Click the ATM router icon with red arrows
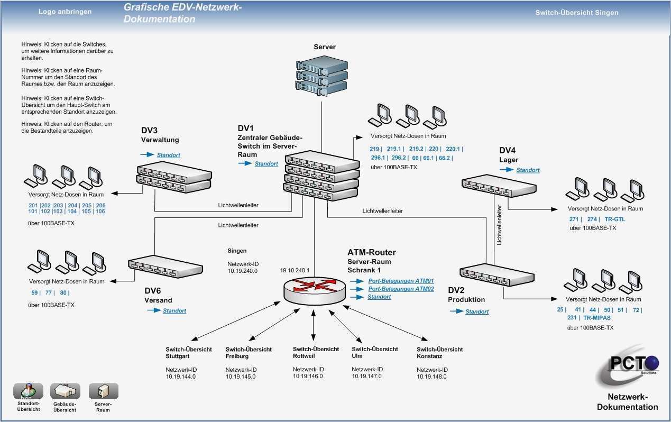coord(314,288)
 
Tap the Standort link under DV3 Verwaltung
coord(168,155)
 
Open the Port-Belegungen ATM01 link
coord(401,281)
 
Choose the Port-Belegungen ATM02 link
coord(401,289)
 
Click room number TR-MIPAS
coord(596,318)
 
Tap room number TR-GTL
coord(614,219)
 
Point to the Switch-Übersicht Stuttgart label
coord(189,352)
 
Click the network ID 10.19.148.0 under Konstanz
coord(431,377)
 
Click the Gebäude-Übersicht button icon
coord(65,392)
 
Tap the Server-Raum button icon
coord(103,392)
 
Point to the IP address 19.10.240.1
coord(295,270)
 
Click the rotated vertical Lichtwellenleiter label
coord(499,225)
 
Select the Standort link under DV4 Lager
coord(528,170)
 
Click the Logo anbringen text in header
coord(65,12)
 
